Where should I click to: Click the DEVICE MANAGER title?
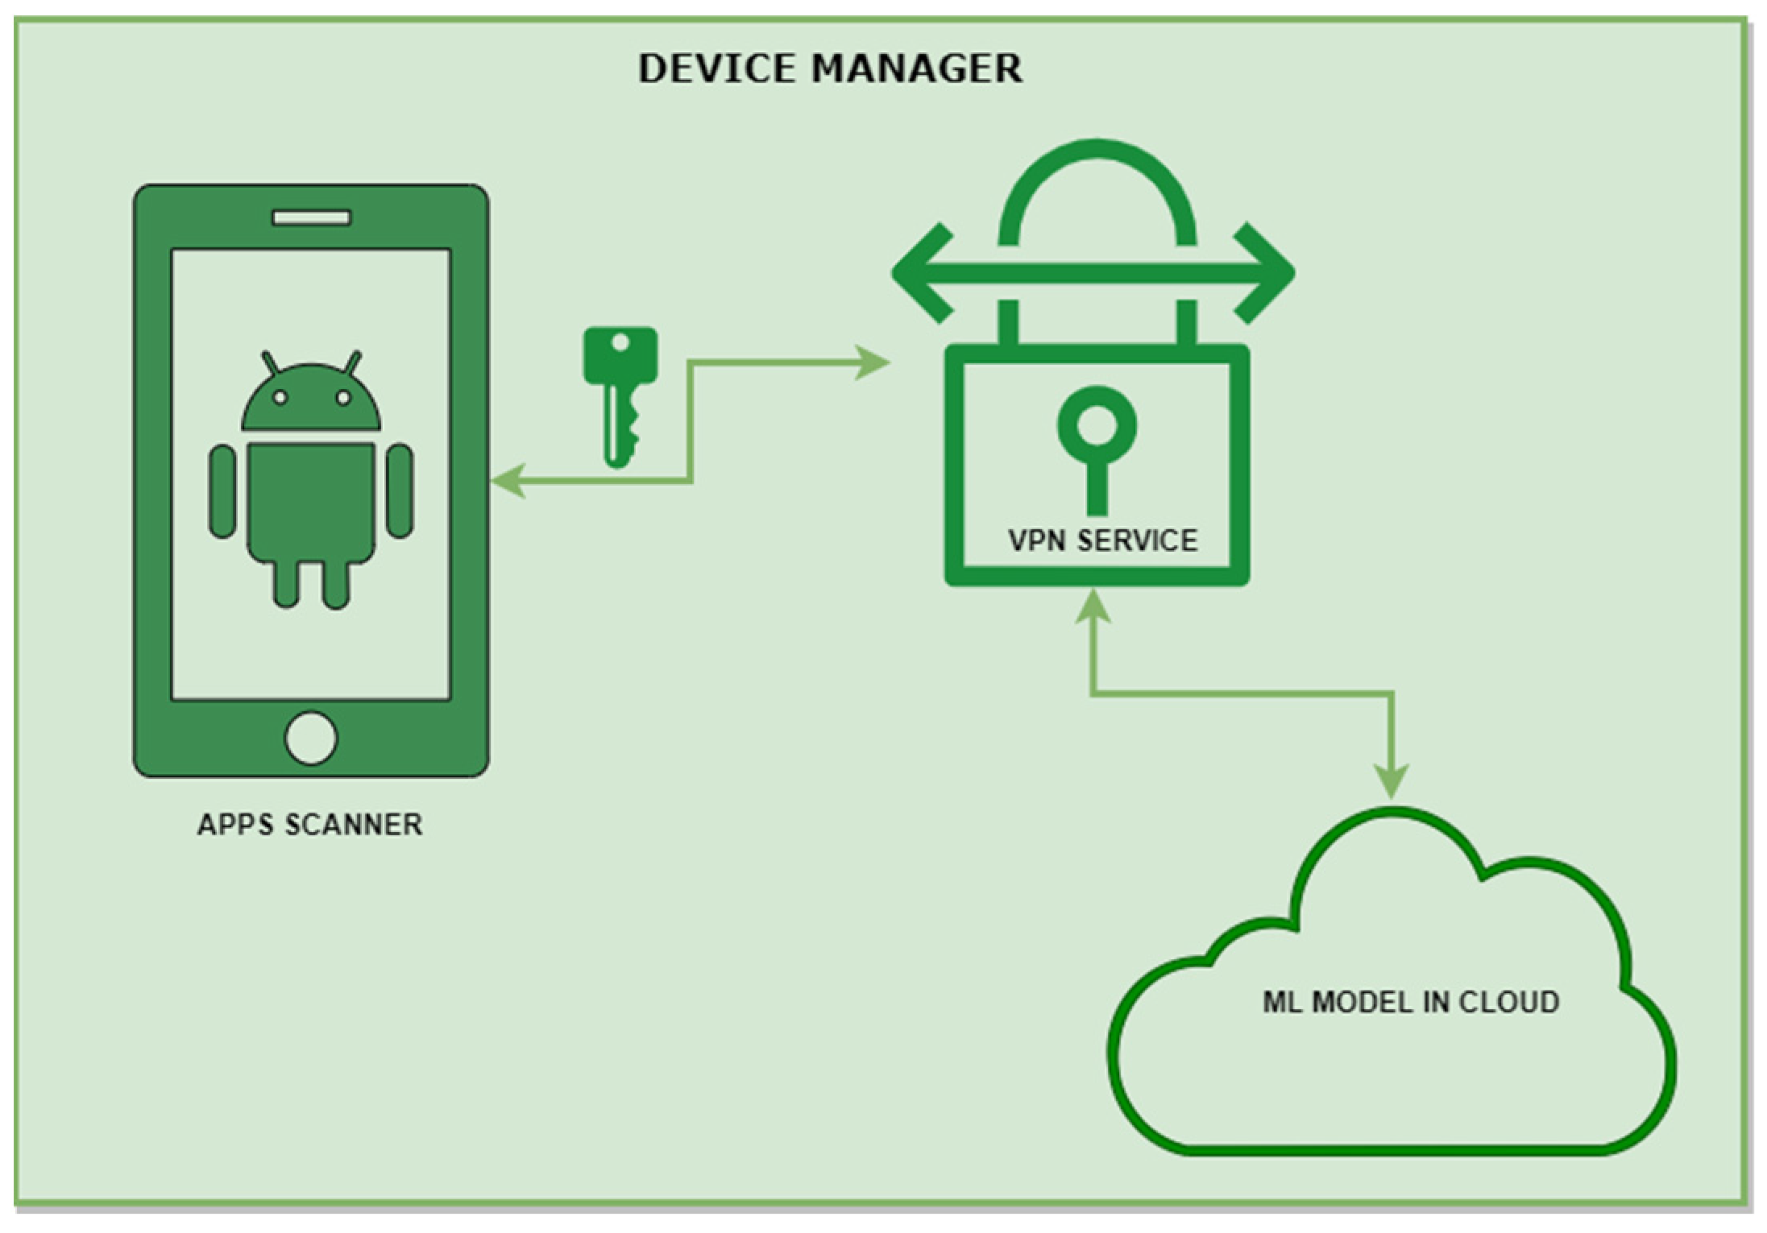tap(830, 68)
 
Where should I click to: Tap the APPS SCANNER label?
tap(310, 825)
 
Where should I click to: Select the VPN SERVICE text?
tap(1102, 540)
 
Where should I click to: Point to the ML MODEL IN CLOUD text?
tap(1410, 1002)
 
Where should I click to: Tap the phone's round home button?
tap(311, 738)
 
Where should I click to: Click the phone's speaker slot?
tap(311, 217)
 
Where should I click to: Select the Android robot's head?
tap(311, 396)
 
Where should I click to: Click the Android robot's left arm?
tap(222, 491)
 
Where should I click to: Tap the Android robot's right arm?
tap(400, 491)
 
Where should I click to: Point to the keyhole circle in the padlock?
tap(1097, 424)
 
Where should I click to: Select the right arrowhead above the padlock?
tap(1267, 273)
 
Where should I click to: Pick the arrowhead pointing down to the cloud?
tap(1392, 780)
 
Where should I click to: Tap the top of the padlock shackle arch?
tap(1097, 150)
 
